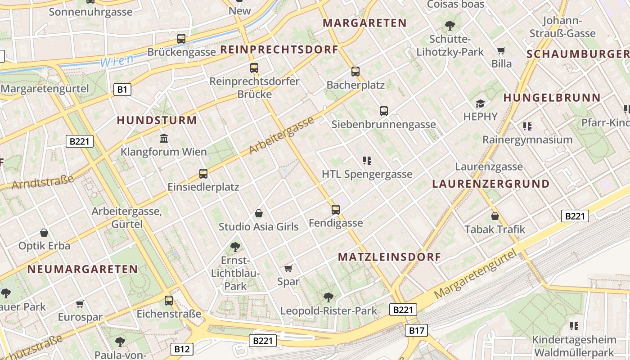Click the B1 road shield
pyautogui.click(x=122, y=90)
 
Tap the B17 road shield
pyautogui.click(x=416, y=331)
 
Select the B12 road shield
pyautogui.click(x=182, y=349)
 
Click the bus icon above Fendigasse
pyautogui.click(x=336, y=209)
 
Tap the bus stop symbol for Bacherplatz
pyautogui.click(x=355, y=71)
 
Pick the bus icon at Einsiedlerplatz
pyautogui.click(x=203, y=173)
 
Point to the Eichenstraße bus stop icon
pyautogui.click(x=169, y=300)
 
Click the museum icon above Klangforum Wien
pyautogui.click(x=164, y=138)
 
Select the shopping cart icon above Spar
pyautogui.click(x=288, y=268)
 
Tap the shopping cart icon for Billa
pyautogui.click(x=501, y=50)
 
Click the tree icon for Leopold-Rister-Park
pyautogui.click(x=328, y=297)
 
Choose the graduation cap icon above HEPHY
pyautogui.click(x=481, y=103)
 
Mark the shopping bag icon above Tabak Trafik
pyautogui.click(x=495, y=216)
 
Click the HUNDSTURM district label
pyautogui.click(x=157, y=121)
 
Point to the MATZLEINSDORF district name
pyautogui.click(x=389, y=257)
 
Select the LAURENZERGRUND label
pyautogui.click(x=491, y=184)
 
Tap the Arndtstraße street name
pyautogui.click(x=43, y=182)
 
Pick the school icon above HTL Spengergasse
pyautogui.click(x=367, y=160)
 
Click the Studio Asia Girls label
pyautogui.click(x=258, y=227)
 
